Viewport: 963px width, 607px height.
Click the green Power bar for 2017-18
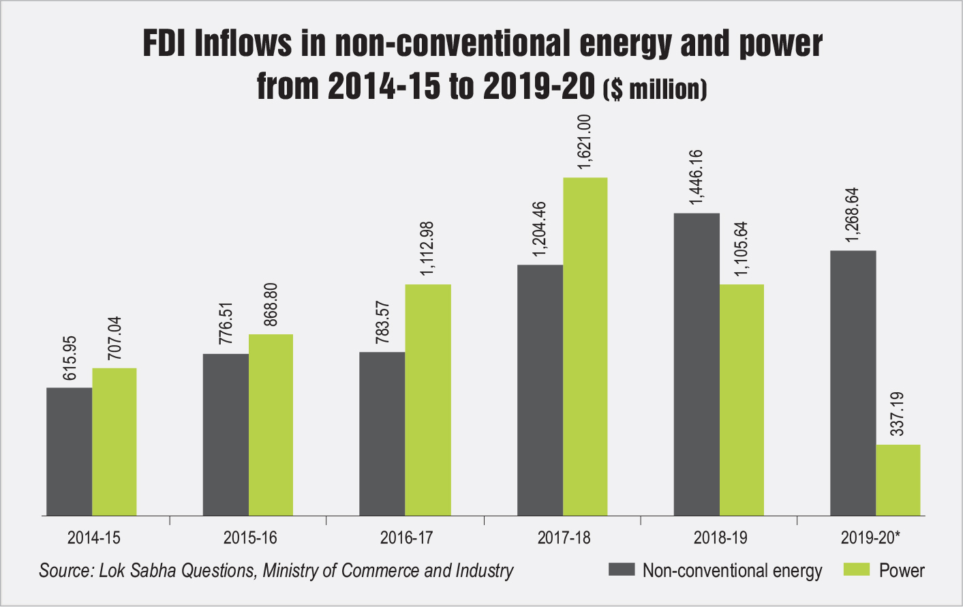click(x=585, y=346)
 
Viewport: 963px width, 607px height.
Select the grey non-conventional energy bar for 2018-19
click(x=697, y=364)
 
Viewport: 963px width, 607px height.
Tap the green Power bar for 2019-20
click(x=898, y=480)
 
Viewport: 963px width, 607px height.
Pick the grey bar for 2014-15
click(x=69, y=451)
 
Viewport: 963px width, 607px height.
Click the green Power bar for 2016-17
click(x=428, y=400)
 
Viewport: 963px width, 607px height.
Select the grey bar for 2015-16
click(x=226, y=434)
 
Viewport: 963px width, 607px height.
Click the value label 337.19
click(x=898, y=413)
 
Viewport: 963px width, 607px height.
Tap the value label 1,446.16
click(x=697, y=177)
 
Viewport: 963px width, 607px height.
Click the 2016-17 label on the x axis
click(x=406, y=537)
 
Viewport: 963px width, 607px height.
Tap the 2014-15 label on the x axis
click(x=93, y=537)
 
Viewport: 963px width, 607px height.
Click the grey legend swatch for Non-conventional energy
click(x=622, y=569)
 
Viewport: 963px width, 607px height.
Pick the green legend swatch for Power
click(x=857, y=569)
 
